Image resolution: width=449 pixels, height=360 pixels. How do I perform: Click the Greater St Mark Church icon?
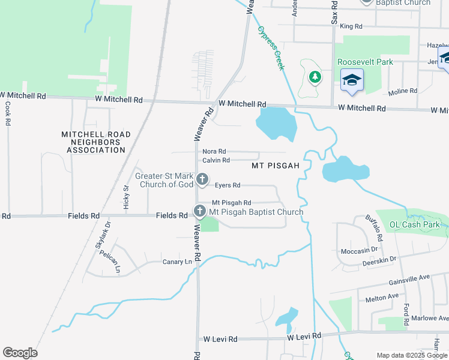tap(203, 179)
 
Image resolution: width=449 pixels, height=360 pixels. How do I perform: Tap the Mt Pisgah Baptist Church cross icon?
tap(199, 211)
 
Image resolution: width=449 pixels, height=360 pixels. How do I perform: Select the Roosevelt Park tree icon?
tap(315, 77)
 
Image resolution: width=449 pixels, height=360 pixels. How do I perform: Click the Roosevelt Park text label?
tap(365, 62)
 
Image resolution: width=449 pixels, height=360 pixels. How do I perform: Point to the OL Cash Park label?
tap(412, 224)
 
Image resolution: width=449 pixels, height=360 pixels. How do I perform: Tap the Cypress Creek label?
tap(271, 48)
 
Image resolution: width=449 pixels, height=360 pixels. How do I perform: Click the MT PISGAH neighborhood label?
tap(276, 165)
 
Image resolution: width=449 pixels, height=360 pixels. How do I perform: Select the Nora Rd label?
tap(214, 152)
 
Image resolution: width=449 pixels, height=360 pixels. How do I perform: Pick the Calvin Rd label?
tap(216, 160)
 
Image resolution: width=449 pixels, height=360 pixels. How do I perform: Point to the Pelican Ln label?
tap(111, 262)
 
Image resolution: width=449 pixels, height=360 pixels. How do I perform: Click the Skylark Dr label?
tap(103, 235)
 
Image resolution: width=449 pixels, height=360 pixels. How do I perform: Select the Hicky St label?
tap(127, 196)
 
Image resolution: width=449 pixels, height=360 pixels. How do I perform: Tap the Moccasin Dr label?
tap(358, 250)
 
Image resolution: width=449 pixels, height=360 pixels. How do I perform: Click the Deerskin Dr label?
tap(379, 259)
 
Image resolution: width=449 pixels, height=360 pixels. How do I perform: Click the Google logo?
tap(20, 353)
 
